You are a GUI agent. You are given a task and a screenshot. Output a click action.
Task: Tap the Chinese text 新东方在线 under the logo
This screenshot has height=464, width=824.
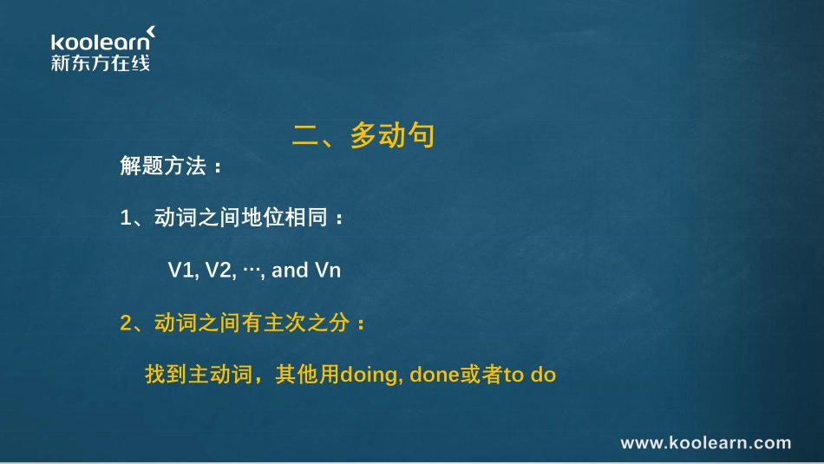click(100, 62)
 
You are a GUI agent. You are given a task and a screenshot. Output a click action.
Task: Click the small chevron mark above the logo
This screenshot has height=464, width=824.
click(151, 32)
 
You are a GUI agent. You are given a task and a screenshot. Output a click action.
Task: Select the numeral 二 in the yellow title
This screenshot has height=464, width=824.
click(306, 136)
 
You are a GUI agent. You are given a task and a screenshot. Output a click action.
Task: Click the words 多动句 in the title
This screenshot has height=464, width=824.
click(392, 136)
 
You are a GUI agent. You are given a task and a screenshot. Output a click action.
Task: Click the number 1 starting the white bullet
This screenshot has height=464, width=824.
click(125, 219)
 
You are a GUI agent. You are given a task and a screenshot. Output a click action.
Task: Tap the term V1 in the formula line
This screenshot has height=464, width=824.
click(180, 271)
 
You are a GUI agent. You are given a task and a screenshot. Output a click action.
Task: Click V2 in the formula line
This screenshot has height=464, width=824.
click(220, 271)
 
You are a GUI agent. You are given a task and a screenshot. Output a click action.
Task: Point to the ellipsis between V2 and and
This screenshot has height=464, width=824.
click(253, 271)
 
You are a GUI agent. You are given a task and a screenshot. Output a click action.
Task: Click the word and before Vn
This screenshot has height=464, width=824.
click(290, 271)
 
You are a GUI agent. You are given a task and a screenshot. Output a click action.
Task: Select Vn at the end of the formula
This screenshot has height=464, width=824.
click(328, 271)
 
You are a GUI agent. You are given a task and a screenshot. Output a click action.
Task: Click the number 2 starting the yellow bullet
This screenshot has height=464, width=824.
click(125, 323)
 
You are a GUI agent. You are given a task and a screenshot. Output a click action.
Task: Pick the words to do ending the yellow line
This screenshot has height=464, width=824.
click(529, 376)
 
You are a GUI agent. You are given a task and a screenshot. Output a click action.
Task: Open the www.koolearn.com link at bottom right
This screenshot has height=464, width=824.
click(706, 443)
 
